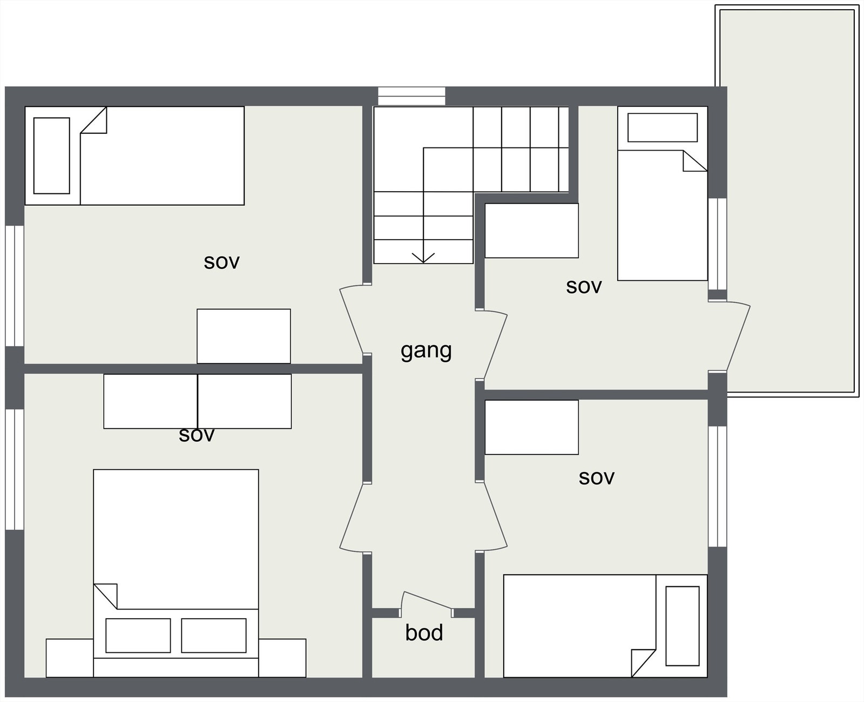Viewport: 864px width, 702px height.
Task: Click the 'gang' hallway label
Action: (x=426, y=351)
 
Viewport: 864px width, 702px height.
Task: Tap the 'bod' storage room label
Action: (x=424, y=633)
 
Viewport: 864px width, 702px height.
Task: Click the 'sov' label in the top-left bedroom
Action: (x=221, y=262)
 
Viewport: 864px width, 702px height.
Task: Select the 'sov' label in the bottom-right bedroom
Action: (x=596, y=477)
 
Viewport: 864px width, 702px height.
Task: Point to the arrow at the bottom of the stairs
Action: (x=423, y=257)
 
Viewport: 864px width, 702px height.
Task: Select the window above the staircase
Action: (x=411, y=96)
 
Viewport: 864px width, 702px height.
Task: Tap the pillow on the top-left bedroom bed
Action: (x=52, y=156)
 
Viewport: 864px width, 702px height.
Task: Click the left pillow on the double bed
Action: (x=138, y=636)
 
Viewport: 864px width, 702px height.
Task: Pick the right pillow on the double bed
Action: (x=214, y=636)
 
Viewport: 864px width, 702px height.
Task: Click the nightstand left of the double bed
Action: (x=70, y=658)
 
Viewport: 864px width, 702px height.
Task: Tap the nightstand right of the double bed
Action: (x=282, y=658)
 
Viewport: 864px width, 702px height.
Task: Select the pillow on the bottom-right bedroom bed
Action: (x=682, y=626)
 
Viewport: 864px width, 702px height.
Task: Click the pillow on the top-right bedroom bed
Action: (x=663, y=128)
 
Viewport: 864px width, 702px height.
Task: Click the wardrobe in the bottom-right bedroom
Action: (x=532, y=427)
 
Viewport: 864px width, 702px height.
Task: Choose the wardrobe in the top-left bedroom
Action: (x=244, y=336)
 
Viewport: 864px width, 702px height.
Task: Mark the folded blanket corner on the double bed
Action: (x=106, y=595)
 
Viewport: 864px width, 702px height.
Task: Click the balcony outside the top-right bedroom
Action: (x=787, y=200)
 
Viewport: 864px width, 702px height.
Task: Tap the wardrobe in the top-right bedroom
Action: (x=532, y=231)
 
